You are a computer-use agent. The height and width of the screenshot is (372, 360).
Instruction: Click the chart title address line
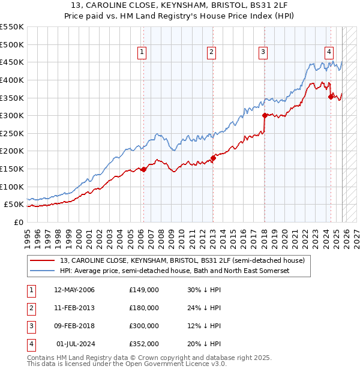[x=180, y=7]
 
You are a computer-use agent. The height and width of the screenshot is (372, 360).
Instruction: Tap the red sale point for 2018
[x=264, y=115]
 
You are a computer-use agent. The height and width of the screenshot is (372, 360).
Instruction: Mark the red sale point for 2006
[x=143, y=169]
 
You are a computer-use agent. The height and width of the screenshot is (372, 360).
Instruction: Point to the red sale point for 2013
[x=212, y=158]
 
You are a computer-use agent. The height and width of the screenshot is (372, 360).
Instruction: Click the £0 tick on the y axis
[x=18, y=222]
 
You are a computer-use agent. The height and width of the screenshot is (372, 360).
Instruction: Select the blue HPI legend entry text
[x=175, y=271]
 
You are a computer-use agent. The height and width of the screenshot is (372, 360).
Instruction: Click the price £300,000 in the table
[x=144, y=326]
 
